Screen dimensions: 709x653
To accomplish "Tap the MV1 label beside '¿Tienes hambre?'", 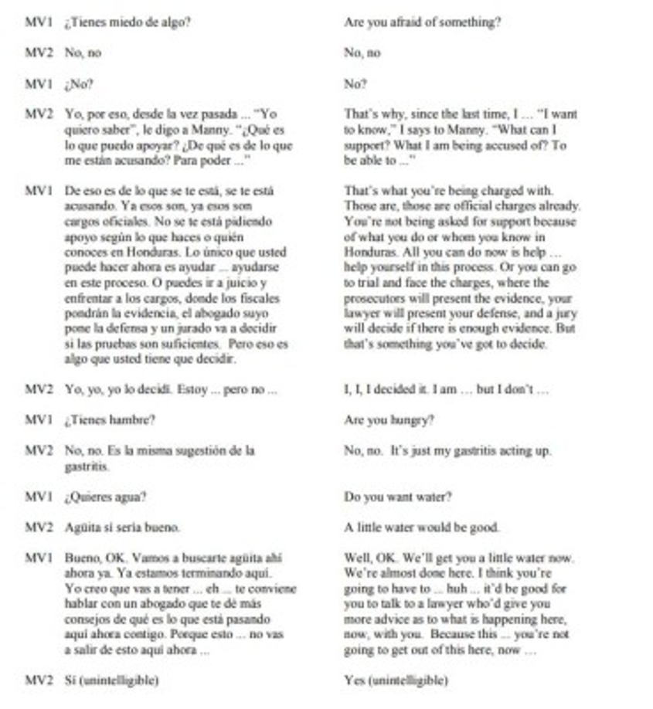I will point(38,420).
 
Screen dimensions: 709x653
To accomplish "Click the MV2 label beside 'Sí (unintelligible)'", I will point(38,680).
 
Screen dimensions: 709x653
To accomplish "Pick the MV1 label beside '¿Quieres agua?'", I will point(38,497).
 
